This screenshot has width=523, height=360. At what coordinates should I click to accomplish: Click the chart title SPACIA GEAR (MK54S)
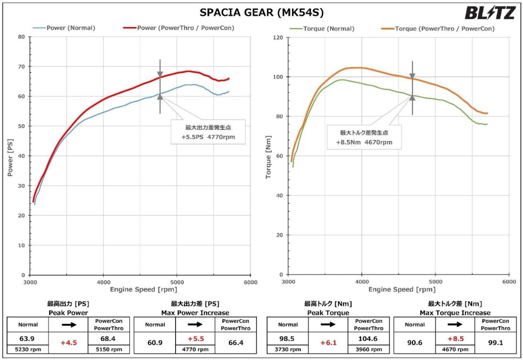261,13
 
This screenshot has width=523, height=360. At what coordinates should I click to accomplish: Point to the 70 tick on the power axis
21,67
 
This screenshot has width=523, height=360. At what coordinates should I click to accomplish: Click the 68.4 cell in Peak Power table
109,338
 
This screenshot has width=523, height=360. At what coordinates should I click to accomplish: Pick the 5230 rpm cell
28,350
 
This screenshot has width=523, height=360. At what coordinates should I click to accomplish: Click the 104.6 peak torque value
368,338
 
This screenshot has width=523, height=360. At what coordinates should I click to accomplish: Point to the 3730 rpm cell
288,350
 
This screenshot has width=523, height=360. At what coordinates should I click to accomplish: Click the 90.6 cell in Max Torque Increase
414,343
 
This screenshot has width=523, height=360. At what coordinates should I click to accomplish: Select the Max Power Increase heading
195,312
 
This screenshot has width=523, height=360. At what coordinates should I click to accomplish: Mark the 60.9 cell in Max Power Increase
155,343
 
